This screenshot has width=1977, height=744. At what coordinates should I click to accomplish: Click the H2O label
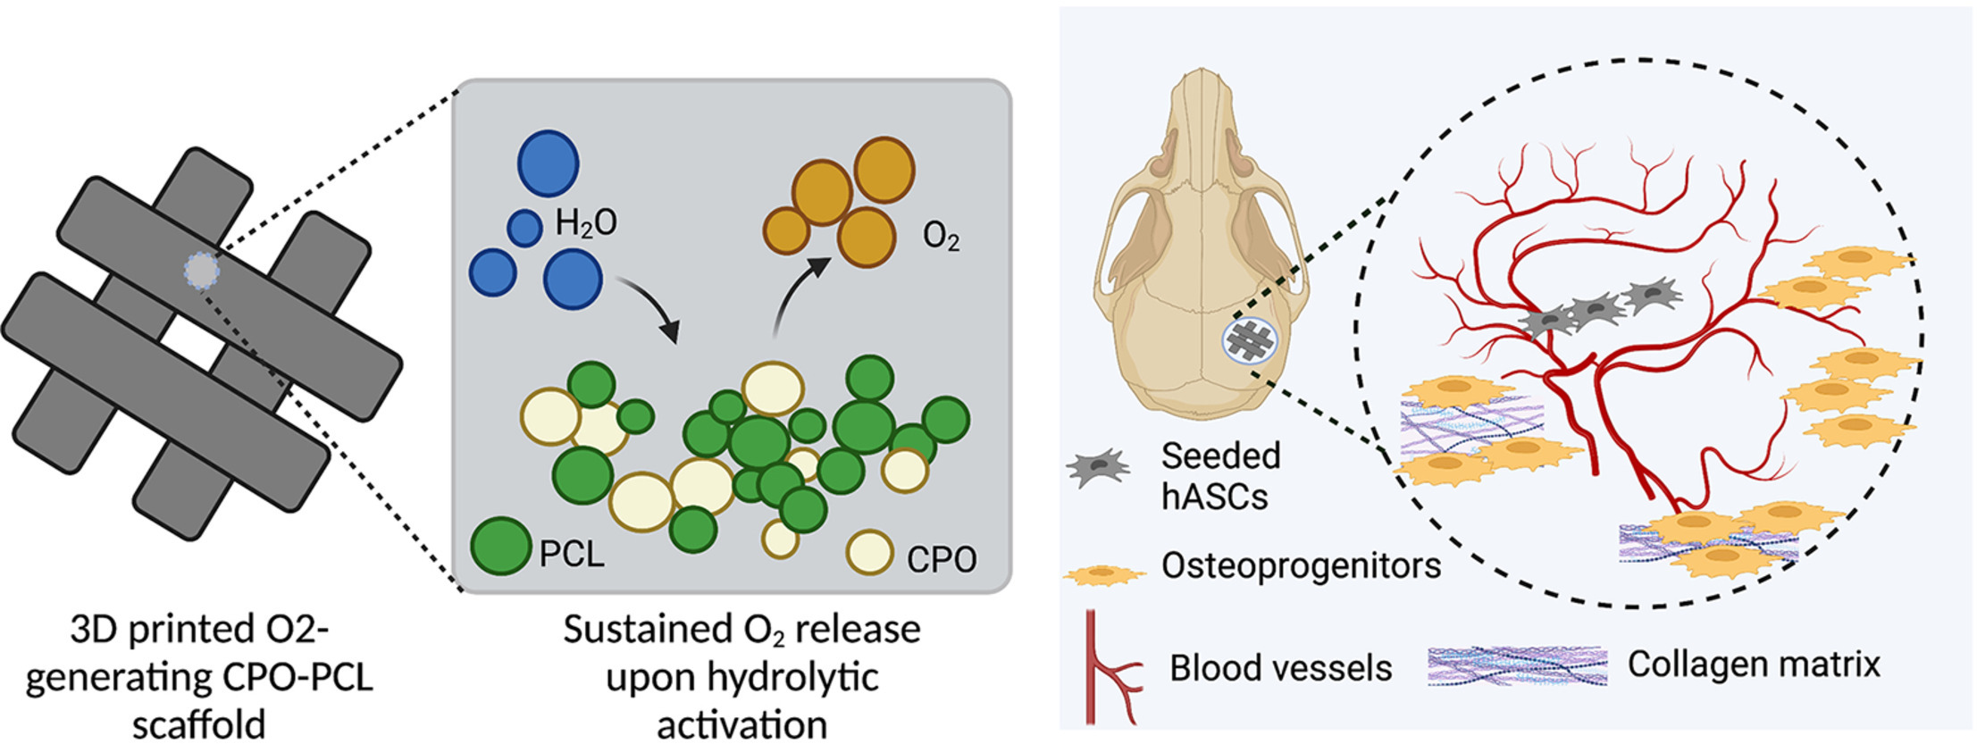coord(586,222)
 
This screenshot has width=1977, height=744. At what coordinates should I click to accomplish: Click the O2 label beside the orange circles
coord(941,237)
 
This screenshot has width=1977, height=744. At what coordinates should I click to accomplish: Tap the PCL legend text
coord(572,555)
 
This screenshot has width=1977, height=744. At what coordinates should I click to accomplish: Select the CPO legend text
coord(942,560)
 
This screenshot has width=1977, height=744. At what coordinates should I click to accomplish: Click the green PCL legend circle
coord(500,546)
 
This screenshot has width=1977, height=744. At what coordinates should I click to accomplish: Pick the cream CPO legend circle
coord(869,553)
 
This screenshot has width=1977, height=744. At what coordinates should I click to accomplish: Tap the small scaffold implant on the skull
coord(1250,340)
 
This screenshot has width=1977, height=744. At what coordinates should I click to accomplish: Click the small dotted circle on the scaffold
coord(202,269)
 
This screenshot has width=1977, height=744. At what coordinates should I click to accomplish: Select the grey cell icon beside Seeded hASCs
coord(1098,468)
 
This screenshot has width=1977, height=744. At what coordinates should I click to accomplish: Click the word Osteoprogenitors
coord(1301,565)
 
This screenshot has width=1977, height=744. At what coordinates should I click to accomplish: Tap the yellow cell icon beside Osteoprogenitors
coord(1104,574)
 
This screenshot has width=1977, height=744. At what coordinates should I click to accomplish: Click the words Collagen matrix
coord(1754,664)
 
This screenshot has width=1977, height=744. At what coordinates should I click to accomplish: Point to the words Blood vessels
coord(1281,668)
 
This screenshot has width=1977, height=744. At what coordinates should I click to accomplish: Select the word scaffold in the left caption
coord(198,723)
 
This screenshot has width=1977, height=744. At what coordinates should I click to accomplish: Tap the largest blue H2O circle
coord(549,163)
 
